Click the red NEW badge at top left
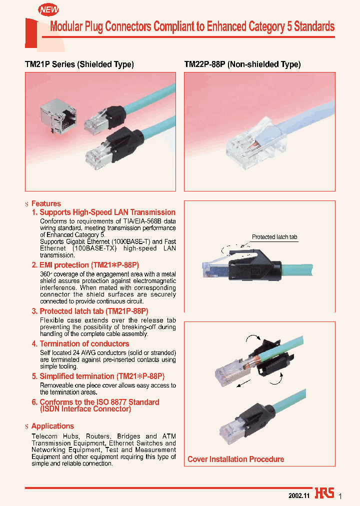click(48, 9)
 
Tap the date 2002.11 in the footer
click(299, 495)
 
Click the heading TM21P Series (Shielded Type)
click(79, 64)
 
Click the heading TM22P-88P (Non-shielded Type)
click(242, 64)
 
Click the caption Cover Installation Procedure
click(235, 459)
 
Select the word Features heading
click(46, 203)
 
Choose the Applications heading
click(52, 426)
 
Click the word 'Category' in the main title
click(267, 26)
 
